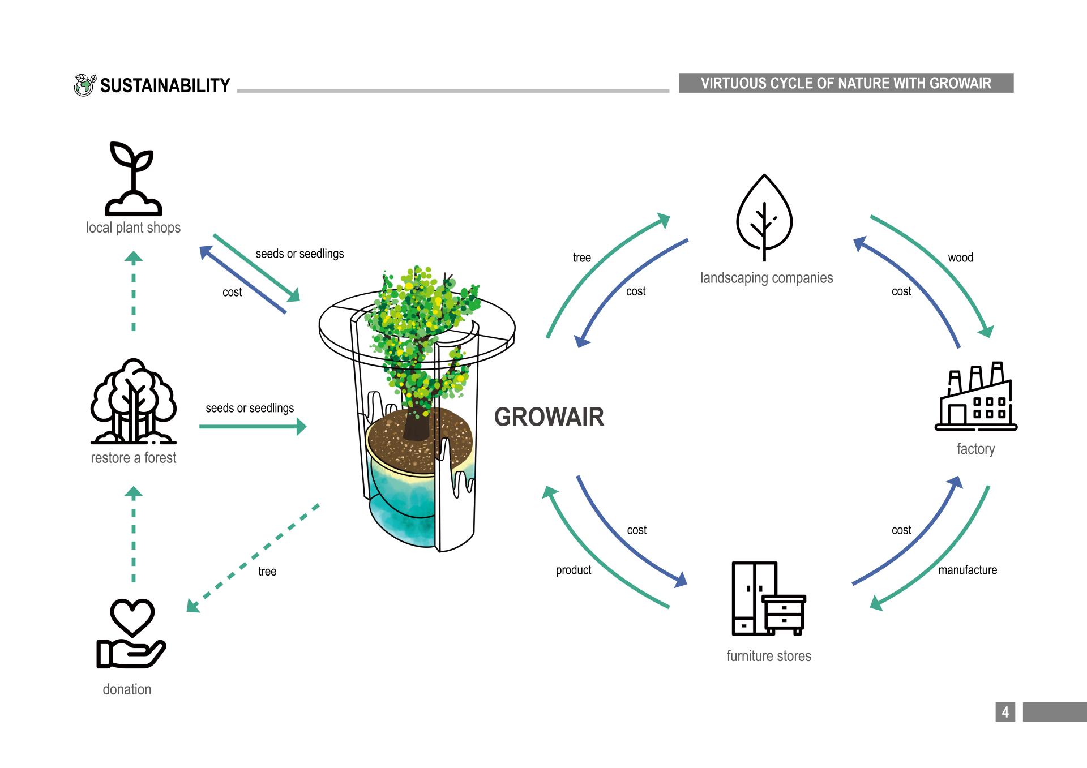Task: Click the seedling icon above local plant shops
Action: tap(133, 178)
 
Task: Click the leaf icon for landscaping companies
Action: tap(764, 218)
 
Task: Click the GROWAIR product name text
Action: tap(549, 417)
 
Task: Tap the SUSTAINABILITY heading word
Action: tap(165, 85)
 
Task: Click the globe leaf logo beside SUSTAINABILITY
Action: tap(85, 85)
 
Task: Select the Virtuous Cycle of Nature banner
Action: tap(846, 83)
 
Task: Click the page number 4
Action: tap(1005, 712)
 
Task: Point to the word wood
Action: tap(960, 258)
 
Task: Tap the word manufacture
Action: tap(968, 570)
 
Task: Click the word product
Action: tap(573, 570)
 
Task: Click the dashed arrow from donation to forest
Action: tap(134, 535)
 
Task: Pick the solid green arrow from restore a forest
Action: tap(253, 426)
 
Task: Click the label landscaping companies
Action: tap(767, 278)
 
